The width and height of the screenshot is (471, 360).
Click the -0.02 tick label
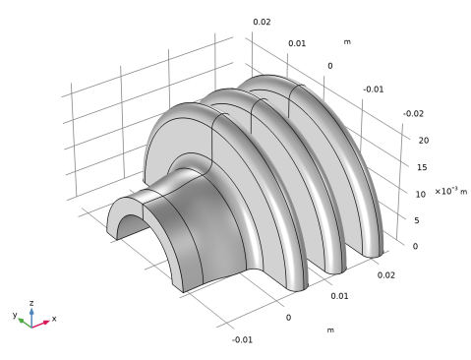(413, 114)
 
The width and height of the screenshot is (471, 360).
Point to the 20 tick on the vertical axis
(424, 141)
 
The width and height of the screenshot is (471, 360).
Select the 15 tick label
(422, 167)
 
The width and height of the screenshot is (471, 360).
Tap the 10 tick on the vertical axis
(421, 194)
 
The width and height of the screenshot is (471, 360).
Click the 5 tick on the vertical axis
(417, 220)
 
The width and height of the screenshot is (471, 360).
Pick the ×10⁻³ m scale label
(451, 191)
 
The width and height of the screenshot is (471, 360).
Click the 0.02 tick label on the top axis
(262, 22)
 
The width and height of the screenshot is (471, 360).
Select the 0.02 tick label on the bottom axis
(386, 275)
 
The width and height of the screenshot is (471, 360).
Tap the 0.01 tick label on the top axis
(297, 43)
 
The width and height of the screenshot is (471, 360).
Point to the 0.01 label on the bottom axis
(339, 296)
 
